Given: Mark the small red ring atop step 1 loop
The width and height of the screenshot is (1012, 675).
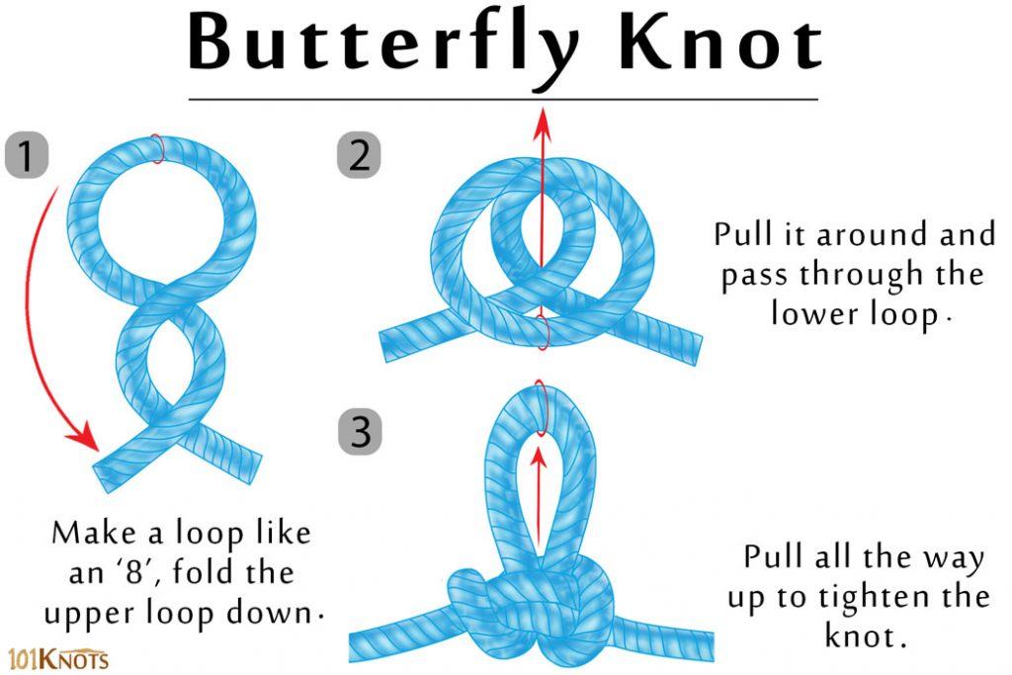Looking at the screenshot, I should [158, 148].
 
